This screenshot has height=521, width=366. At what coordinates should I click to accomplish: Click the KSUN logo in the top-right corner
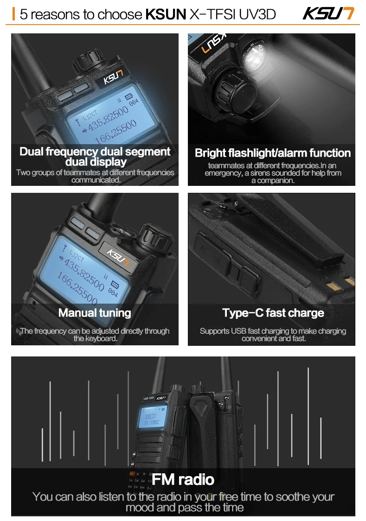[328, 13]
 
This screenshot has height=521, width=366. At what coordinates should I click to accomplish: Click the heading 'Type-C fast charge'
[273, 313]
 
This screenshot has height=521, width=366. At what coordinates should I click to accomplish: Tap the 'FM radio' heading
[183, 479]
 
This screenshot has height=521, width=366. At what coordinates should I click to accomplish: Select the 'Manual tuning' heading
[95, 313]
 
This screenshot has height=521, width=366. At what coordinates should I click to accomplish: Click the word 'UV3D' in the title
[257, 14]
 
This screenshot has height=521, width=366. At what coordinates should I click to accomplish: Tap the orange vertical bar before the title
[13, 14]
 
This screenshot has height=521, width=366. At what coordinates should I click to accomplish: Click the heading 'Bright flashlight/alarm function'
[273, 153]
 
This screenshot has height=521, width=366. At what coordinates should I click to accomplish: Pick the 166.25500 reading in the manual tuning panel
[77, 288]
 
